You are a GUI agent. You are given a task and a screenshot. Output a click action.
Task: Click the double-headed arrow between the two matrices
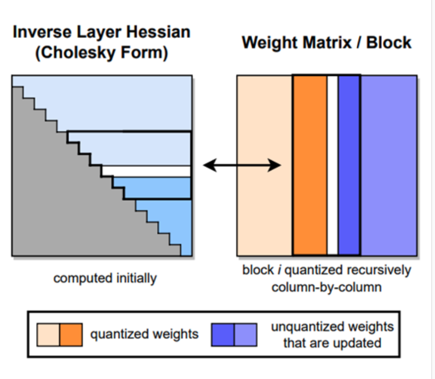pos(242,165)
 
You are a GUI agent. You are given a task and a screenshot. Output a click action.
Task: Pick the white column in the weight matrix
pos(333,165)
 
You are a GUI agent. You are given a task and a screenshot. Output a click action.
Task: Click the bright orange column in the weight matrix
pos(310,165)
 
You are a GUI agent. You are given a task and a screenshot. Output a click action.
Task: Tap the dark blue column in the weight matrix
pos(349,165)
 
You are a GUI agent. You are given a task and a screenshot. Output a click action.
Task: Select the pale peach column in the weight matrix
pos(264,165)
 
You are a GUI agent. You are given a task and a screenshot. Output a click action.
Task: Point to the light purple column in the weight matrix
pos(389,165)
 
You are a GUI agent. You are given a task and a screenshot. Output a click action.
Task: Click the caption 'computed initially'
pos(105,278)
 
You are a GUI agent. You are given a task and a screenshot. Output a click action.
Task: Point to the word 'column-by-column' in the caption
pos(327,288)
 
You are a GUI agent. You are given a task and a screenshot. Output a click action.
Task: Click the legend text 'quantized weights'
pos(144,334)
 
